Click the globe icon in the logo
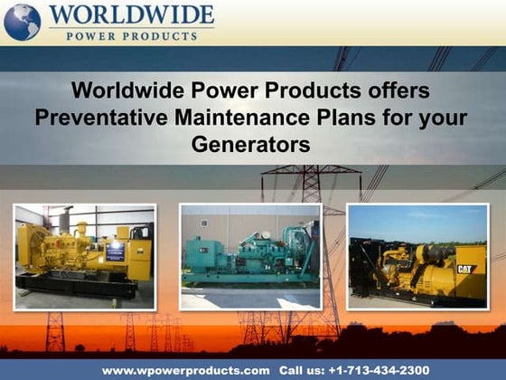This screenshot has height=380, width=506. [x=23, y=22]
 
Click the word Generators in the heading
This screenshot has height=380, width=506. [x=251, y=144]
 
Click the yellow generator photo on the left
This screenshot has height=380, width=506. [x=84, y=257]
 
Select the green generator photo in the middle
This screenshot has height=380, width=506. [x=249, y=257]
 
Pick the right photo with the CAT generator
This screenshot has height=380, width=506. [x=417, y=257]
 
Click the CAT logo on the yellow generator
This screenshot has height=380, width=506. [x=466, y=269]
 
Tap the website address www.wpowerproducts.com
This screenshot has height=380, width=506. [x=185, y=371]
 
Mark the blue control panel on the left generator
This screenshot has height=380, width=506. [x=116, y=251]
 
